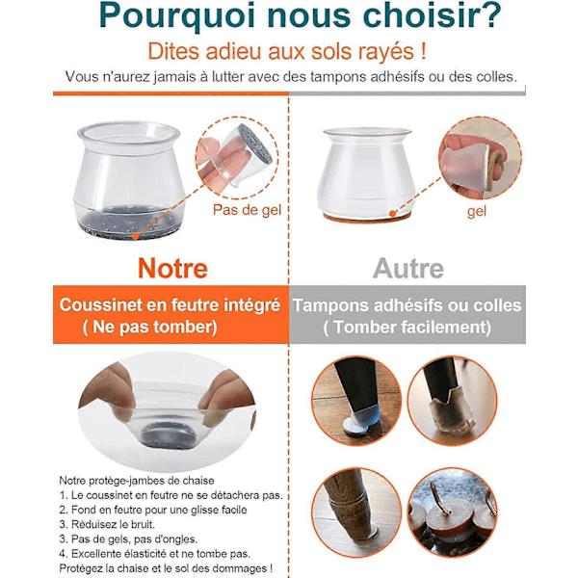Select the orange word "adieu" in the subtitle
[x=234, y=51]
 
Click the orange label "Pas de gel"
[x=247, y=210]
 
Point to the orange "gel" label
[x=477, y=212]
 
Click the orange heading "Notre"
[x=172, y=269]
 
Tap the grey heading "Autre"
[x=408, y=269]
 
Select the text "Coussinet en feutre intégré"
[x=170, y=305]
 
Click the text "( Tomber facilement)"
[x=407, y=328]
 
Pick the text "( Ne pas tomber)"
[x=149, y=327]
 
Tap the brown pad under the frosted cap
[x=367, y=218]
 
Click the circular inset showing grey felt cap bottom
[x=237, y=157]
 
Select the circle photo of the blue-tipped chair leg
[x=356, y=401]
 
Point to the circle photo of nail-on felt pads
[x=453, y=512]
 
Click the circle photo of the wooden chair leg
[x=356, y=512]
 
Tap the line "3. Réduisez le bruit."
[x=107, y=524]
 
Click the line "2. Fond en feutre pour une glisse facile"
[x=153, y=510]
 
